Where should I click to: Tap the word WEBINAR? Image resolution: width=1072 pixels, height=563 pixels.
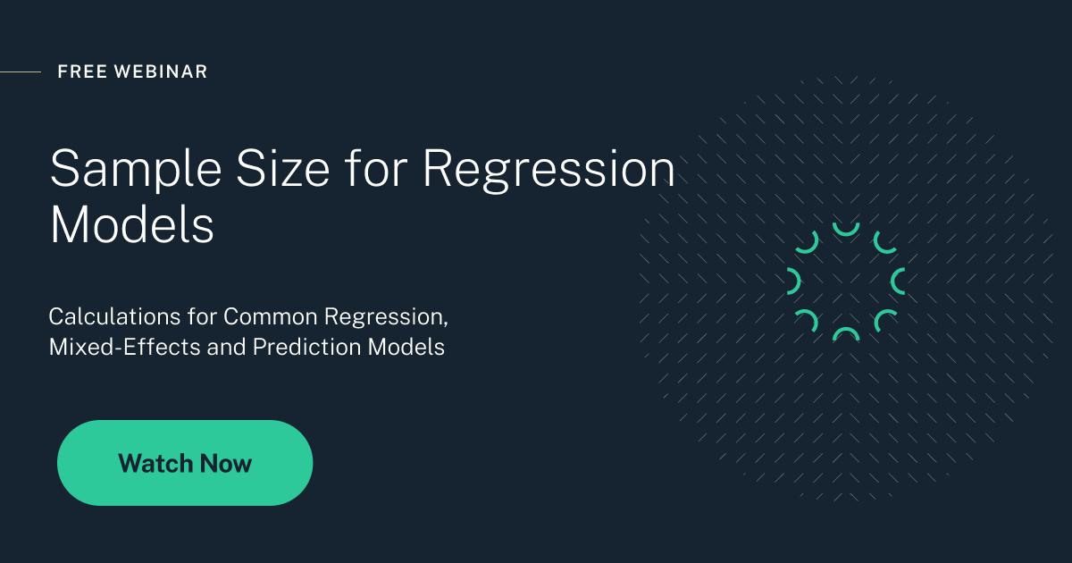[162, 71]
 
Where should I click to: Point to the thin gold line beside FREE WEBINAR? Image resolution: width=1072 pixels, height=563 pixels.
[20, 71]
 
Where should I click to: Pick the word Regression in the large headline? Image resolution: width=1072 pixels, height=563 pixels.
[549, 168]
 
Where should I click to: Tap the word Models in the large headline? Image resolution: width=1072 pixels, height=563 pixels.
[132, 225]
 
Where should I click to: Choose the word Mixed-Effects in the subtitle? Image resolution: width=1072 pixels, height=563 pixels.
[125, 347]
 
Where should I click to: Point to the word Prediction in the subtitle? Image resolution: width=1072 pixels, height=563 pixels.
[307, 347]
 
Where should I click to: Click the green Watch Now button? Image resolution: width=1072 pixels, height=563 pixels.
[185, 463]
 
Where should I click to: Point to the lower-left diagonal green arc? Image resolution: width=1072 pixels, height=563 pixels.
[808, 319]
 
